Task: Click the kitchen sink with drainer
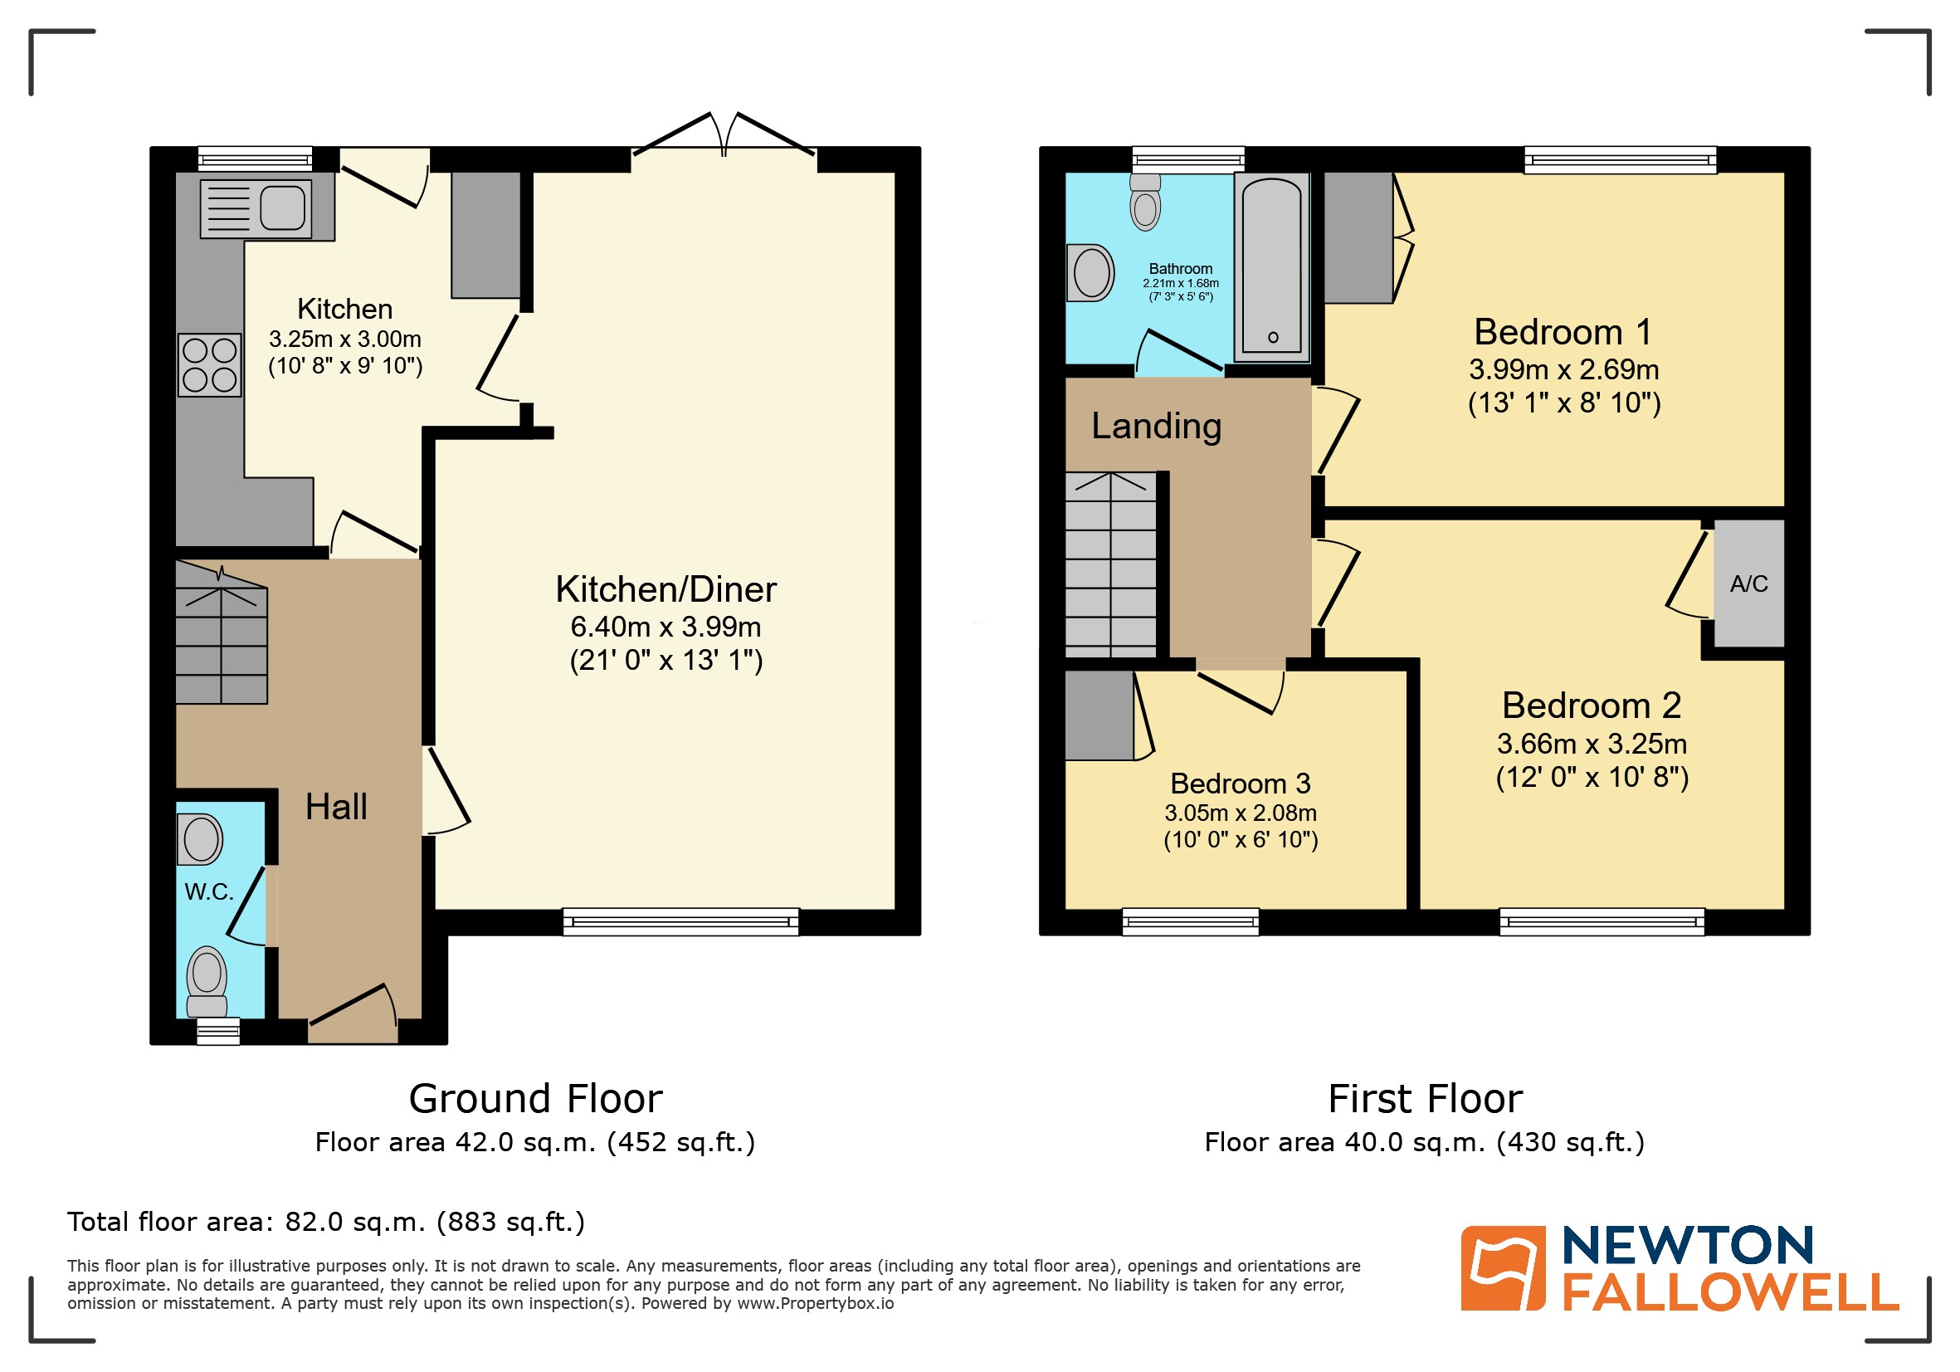tap(256, 208)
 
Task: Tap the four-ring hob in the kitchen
tap(210, 364)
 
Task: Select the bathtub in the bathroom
tap(1271, 266)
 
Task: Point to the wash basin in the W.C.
tap(201, 839)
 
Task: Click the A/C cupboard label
tap(1748, 584)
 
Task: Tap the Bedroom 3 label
tap(1240, 783)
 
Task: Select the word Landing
tap(1156, 426)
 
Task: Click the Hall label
tap(336, 807)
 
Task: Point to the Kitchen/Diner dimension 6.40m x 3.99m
tap(666, 627)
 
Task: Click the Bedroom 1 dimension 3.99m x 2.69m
tap(1564, 369)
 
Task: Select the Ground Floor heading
tap(535, 1099)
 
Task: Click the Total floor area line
tap(326, 1222)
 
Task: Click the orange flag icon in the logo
tap(1503, 1268)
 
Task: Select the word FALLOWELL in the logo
tap(1730, 1292)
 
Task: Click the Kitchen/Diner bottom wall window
tap(680, 922)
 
